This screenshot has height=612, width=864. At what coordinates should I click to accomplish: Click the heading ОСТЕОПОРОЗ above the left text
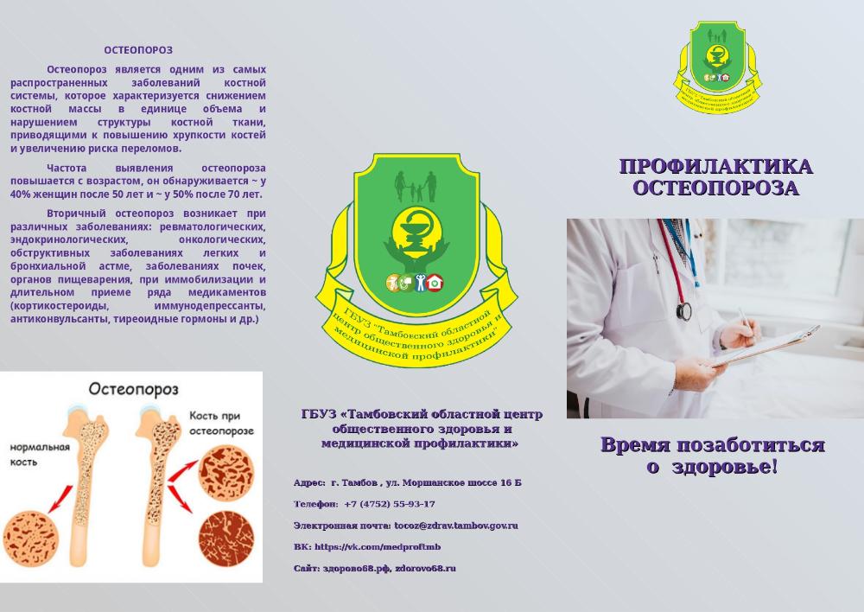(138, 50)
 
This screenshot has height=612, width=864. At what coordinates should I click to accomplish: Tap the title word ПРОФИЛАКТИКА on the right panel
(716, 167)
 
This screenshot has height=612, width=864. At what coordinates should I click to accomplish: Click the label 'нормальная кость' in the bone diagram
(40, 455)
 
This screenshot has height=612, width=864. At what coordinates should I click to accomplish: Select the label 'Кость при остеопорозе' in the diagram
(221, 423)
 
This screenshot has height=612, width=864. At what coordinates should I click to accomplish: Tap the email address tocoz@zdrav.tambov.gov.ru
(456, 526)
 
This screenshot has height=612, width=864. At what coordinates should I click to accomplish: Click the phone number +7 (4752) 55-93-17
(390, 504)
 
